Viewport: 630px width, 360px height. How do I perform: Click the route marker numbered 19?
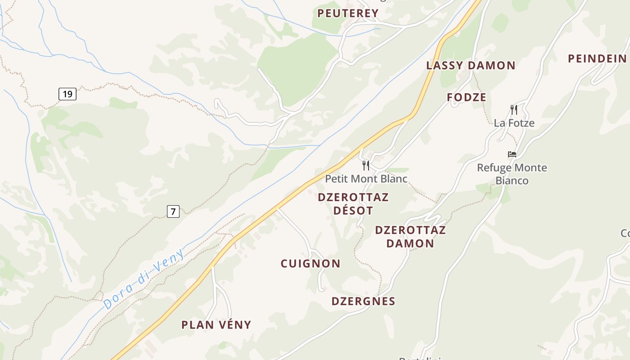point(67,94)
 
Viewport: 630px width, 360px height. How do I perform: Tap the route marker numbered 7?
point(173,211)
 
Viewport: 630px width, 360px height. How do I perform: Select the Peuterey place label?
point(348,13)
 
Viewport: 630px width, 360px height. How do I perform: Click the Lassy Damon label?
point(471,65)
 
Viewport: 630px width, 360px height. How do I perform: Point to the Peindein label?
point(597,58)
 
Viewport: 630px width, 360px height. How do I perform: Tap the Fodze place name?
point(467,97)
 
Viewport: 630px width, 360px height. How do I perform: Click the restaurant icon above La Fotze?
point(513,109)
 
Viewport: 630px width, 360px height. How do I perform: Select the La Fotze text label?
point(514,123)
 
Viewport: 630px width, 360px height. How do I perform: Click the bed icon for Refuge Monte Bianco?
point(512,154)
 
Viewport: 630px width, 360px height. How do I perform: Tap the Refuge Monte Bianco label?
point(512,174)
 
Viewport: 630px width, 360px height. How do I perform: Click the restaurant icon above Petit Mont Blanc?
point(366,166)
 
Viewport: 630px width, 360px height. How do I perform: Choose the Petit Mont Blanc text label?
point(366,179)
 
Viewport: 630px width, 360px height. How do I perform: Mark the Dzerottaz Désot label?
point(353,204)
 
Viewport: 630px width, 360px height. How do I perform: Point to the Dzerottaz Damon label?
point(410,237)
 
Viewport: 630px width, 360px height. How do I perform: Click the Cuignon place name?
point(310,264)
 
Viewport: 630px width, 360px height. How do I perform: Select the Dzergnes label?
point(363,301)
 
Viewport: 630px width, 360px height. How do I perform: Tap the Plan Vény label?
point(216,325)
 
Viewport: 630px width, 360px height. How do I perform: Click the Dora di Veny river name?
point(144,279)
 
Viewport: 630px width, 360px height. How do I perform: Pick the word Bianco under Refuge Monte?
point(512,181)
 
